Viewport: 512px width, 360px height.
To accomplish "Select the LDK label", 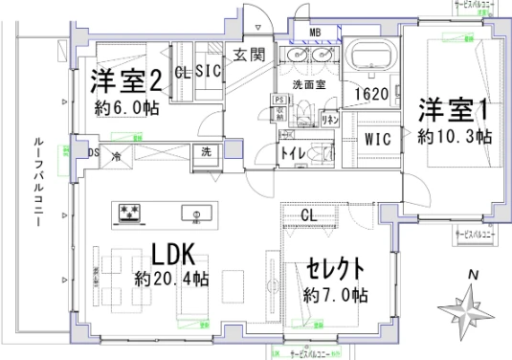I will (172, 255).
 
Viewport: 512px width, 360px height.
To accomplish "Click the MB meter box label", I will (315, 34).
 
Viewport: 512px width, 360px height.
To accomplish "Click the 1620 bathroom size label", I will (369, 95).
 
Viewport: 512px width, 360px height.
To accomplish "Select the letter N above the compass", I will (472, 276).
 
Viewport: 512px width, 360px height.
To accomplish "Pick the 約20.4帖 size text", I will (172, 281).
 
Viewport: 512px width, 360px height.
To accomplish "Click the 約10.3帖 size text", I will (455, 137).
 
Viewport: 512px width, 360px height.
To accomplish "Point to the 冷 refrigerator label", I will (116, 156).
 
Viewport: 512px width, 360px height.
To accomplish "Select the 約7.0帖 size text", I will (335, 293).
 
